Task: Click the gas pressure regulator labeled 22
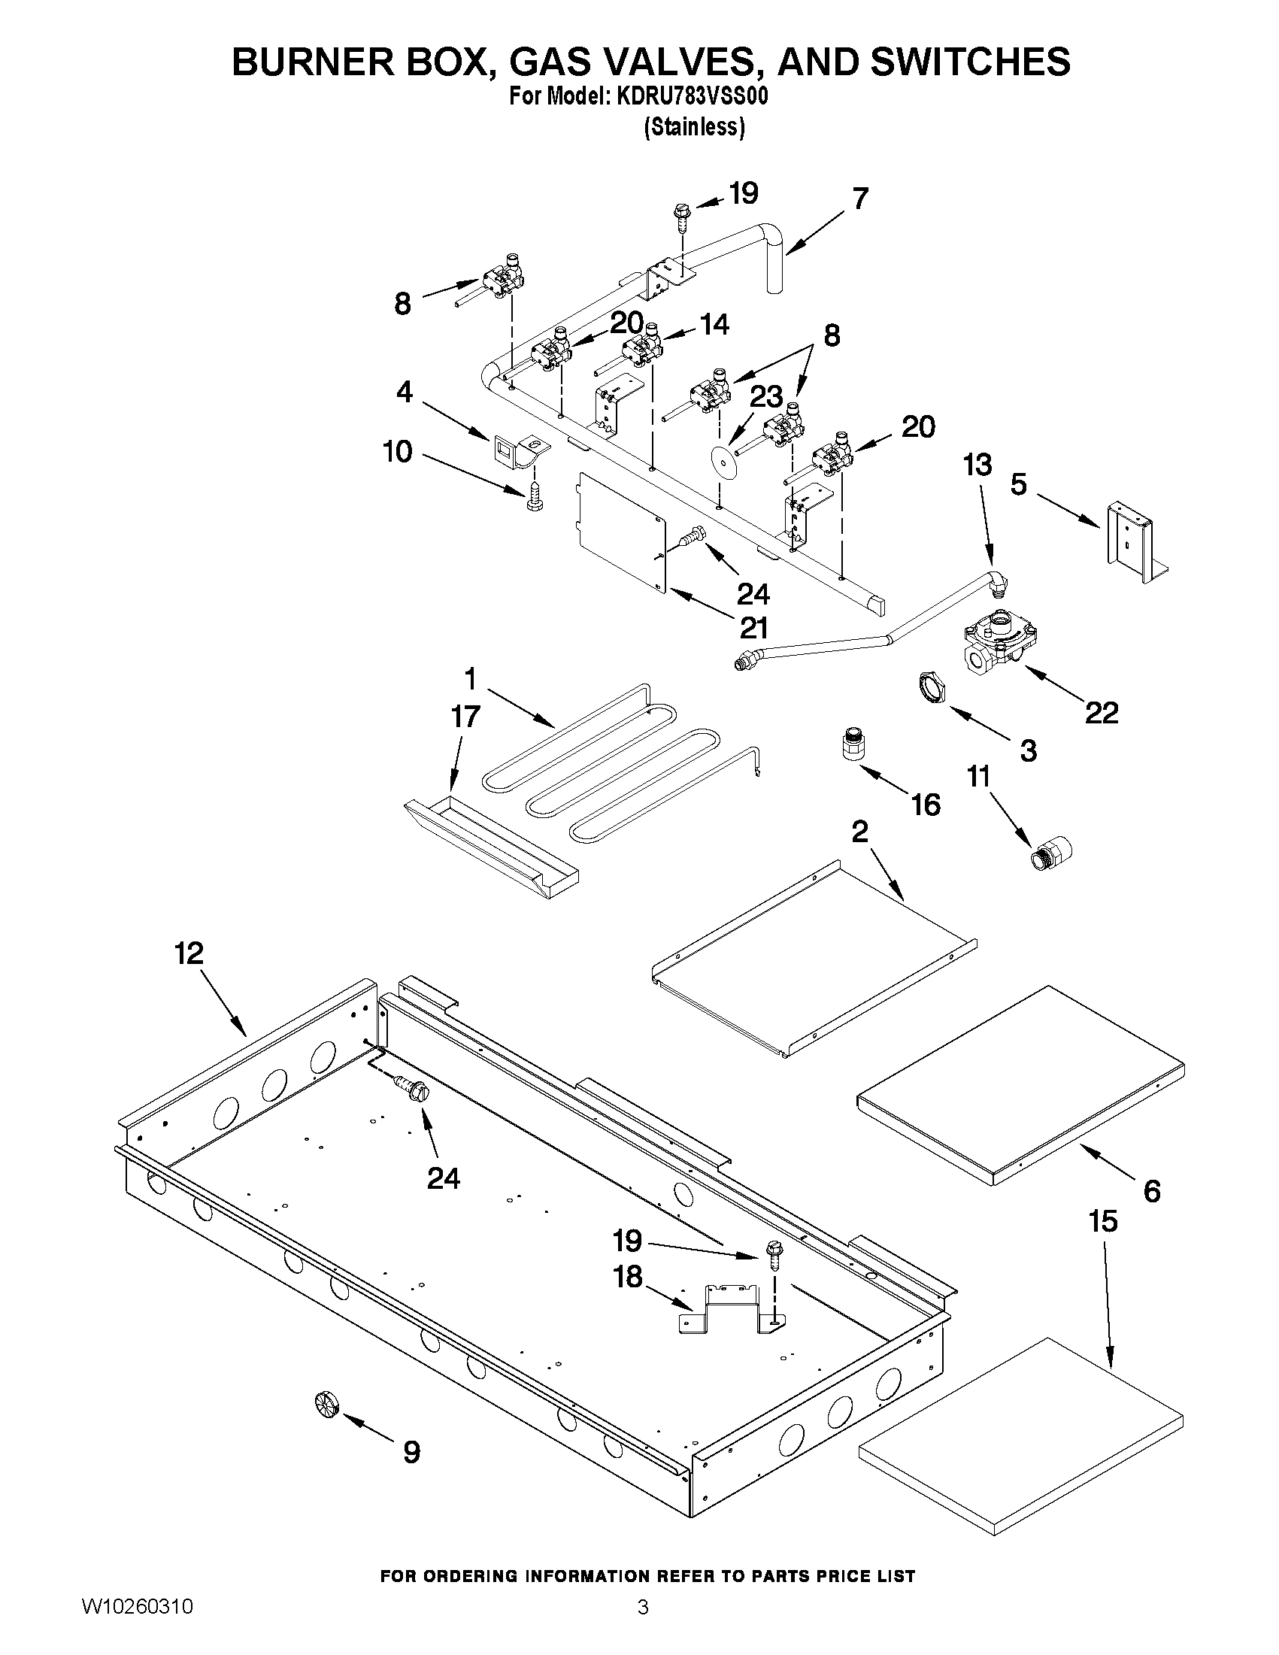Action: pyautogui.click(x=999, y=643)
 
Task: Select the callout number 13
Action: pyautogui.click(x=977, y=465)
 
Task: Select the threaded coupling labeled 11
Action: pyautogui.click(x=1052, y=855)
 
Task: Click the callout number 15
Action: pyautogui.click(x=1103, y=1221)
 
